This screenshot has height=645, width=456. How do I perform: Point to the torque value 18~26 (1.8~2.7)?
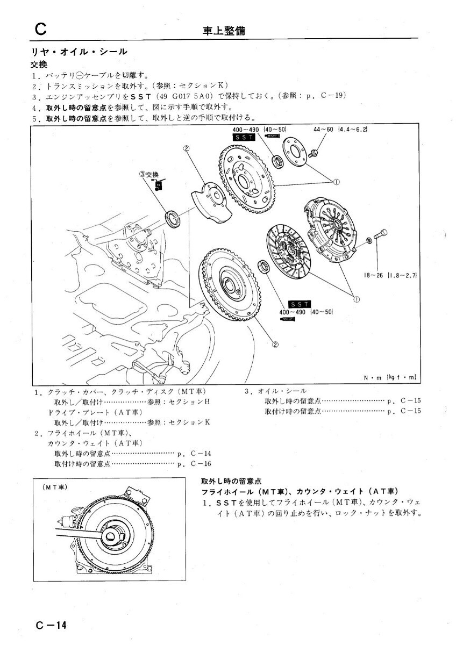[391, 275]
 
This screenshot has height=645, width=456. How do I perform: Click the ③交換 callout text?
[149, 174]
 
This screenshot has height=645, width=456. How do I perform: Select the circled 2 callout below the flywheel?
[275, 345]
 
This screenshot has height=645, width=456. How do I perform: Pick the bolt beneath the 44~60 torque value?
[315, 153]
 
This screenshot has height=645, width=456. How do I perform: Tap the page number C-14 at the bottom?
[52, 625]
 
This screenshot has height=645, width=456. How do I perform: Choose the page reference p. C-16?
[194, 463]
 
